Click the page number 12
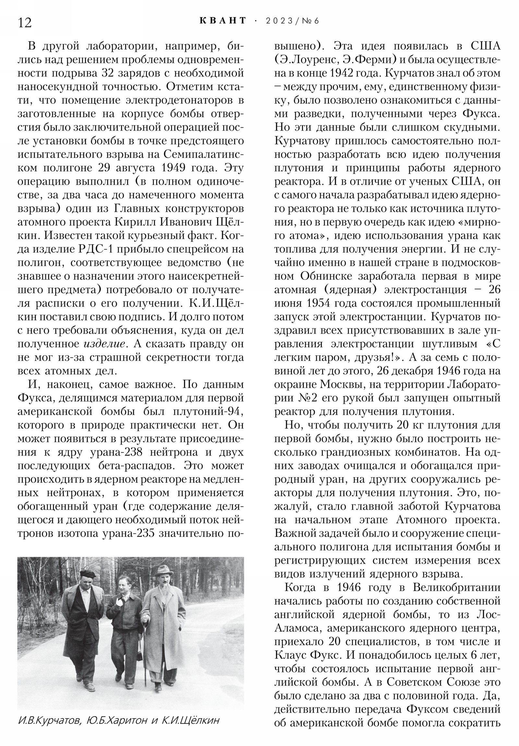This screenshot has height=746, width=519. click(25, 23)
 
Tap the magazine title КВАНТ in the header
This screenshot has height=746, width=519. click(223, 21)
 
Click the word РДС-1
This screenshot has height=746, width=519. click(95, 249)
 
